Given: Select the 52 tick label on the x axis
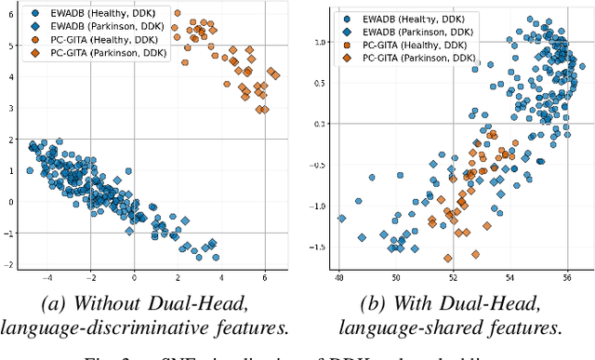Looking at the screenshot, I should tap(453, 277).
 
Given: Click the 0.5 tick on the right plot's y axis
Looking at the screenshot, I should tap(319, 83).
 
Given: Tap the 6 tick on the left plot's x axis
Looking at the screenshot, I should tap(266, 277).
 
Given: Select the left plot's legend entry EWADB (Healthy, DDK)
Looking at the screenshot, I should tap(85, 15).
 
